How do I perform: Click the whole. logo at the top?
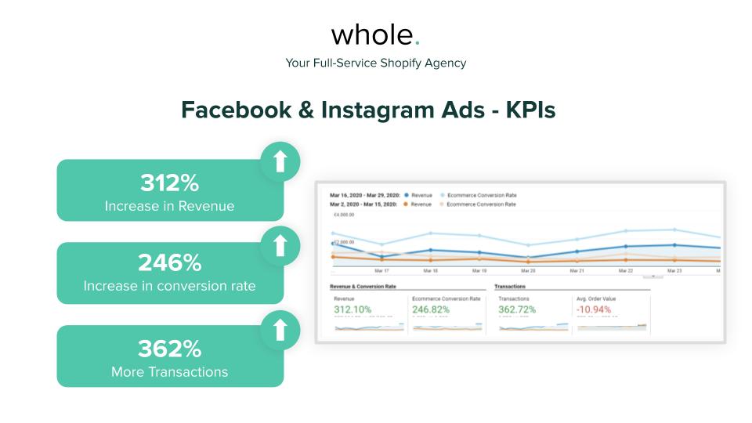coord(375,34)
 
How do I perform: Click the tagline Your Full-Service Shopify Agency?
coord(376,63)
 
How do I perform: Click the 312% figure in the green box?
coord(170,183)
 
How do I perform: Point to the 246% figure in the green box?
coord(170,262)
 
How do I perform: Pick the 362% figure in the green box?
coord(170,348)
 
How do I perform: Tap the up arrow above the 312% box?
coord(280,161)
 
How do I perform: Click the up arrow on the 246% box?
coord(280,246)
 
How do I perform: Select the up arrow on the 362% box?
coord(280,330)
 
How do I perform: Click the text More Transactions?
coord(170,371)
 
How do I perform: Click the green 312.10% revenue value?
coord(352,309)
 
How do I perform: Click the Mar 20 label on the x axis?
coord(528,270)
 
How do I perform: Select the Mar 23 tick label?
coord(674,270)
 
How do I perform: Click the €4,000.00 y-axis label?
coord(343,214)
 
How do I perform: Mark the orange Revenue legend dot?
coord(406,204)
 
